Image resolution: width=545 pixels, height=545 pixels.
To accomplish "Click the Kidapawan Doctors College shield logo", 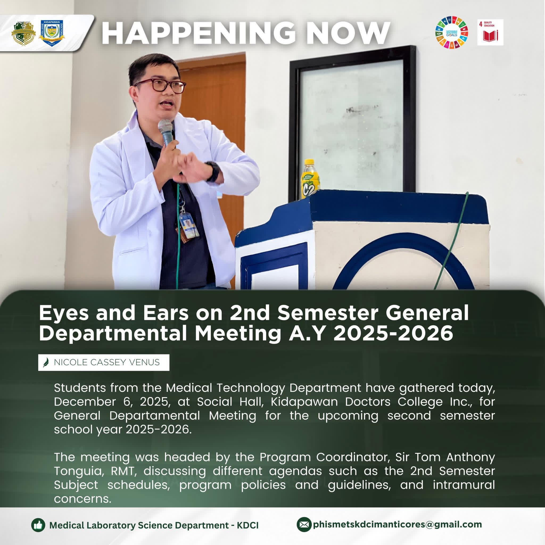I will point(52,33).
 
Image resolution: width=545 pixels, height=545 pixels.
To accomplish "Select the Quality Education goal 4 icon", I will point(490,32).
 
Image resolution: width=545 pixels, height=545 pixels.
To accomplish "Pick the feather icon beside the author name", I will point(47,363).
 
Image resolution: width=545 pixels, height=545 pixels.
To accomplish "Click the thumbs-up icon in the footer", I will point(38,525).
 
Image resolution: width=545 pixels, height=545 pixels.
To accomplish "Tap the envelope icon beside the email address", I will point(304,525).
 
